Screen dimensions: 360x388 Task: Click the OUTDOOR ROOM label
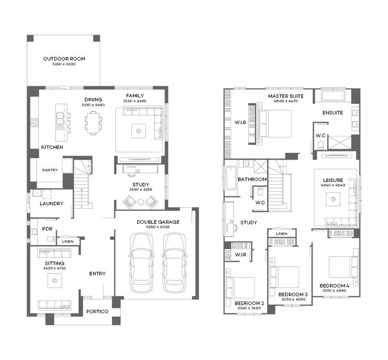pos(64,59)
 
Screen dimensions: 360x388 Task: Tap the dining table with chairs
pos(93,123)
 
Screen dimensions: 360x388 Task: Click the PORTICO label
pos(97,311)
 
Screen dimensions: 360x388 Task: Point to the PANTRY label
pos(50,169)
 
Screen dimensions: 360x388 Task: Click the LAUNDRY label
pos(51,204)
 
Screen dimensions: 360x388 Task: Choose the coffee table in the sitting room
pos(55,281)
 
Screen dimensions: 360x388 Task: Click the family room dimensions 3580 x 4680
pos(135,101)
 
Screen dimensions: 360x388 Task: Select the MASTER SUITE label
pos(286,96)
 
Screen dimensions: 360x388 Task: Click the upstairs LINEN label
pos(281,234)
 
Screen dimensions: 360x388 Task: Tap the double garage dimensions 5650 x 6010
pos(158,227)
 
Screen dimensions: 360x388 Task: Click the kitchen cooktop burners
pos(35,123)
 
